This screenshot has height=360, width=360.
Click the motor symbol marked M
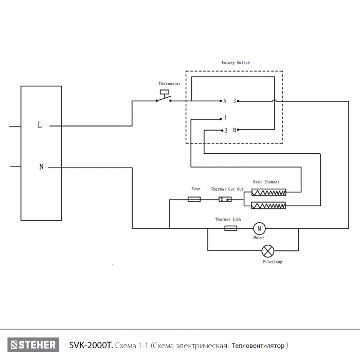(x=259, y=228)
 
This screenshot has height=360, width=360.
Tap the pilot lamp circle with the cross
(x=268, y=251)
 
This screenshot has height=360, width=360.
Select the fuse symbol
(x=194, y=199)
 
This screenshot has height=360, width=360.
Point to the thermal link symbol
(x=231, y=228)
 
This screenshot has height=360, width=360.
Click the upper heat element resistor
(x=268, y=193)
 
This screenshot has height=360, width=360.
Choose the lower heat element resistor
(x=268, y=206)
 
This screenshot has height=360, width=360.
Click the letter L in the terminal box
(x=40, y=125)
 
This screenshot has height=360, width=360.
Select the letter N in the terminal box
(x=41, y=167)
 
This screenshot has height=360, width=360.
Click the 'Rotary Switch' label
(x=236, y=63)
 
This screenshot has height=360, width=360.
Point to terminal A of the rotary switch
(x=225, y=101)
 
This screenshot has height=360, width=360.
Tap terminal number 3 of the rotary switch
(x=235, y=101)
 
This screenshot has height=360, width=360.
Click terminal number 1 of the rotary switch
(x=225, y=118)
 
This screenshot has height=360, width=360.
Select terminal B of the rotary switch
(x=235, y=130)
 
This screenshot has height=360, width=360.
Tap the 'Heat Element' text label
(x=266, y=182)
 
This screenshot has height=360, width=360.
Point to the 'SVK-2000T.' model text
(x=91, y=345)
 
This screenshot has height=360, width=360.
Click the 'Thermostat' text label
(x=169, y=83)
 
